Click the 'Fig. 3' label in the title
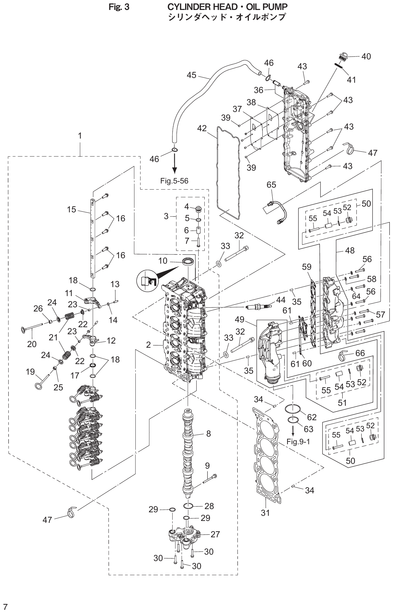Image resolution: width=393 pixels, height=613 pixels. [119, 7]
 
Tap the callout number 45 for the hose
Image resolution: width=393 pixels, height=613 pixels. [192, 75]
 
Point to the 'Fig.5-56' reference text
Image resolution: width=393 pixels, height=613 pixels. [174, 181]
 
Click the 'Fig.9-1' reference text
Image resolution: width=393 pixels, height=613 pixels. [298, 442]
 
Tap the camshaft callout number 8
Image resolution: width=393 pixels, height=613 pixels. [209, 434]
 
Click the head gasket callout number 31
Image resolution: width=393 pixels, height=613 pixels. [265, 513]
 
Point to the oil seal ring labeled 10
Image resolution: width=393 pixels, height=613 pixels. [188, 261]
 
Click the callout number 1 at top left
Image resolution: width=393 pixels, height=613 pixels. [80, 136]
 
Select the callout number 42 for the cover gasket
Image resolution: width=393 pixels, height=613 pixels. [202, 128]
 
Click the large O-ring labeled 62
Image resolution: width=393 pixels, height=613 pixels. [293, 409]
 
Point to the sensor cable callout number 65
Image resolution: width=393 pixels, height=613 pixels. [271, 185]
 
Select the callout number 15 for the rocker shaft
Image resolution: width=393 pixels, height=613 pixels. [72, 209]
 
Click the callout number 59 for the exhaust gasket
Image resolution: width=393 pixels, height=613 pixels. [307, 267]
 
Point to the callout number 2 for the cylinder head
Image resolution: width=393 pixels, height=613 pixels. [148, 345]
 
